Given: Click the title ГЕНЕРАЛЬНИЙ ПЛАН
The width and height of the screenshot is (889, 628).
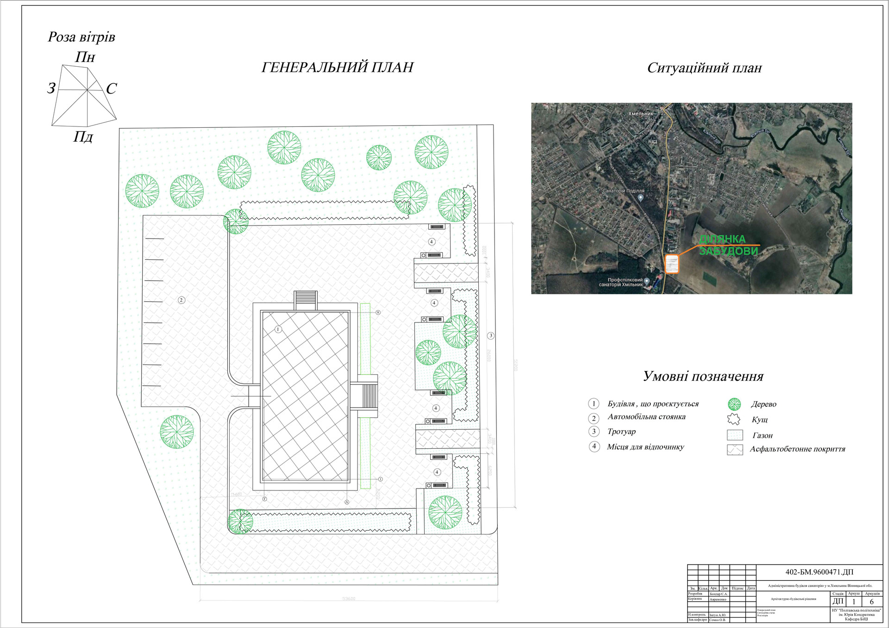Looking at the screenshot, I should [337, 68].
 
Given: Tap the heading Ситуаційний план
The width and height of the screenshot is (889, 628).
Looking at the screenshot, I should [704, 68].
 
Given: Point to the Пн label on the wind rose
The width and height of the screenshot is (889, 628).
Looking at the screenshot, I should [85, 57].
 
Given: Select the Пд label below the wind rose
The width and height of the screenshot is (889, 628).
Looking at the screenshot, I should [83, 137].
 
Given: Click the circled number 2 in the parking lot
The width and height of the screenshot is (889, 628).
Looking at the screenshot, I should [182, 300].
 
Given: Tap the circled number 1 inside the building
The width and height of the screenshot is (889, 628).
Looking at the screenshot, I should [278, 330].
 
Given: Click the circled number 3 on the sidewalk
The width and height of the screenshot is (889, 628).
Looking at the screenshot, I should [491, 336].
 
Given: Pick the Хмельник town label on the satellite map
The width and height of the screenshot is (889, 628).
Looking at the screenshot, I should [640, 113].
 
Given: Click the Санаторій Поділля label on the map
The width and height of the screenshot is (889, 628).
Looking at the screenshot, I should [623, 191].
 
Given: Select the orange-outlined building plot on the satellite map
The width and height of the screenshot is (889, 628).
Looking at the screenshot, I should [672, 264].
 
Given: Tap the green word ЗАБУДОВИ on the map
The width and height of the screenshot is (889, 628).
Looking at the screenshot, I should [728, 251].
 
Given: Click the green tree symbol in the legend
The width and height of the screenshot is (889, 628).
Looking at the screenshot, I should [734, 404].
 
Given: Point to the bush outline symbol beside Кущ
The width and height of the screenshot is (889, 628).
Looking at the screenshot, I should [734, 420].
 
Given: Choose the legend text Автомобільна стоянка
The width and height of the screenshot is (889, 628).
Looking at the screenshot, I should [646, 417].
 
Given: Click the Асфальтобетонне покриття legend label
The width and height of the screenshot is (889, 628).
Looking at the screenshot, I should [797, 449].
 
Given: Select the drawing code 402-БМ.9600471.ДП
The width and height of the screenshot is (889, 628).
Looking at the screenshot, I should [820, 572].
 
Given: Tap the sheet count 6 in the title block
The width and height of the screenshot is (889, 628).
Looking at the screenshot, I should [872, 602].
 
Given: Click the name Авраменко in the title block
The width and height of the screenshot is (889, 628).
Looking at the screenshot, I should [718, 599].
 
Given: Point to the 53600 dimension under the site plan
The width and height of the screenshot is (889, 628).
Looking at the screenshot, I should [349, 599].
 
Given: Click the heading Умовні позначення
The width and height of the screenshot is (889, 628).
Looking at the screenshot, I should [703, 376].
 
